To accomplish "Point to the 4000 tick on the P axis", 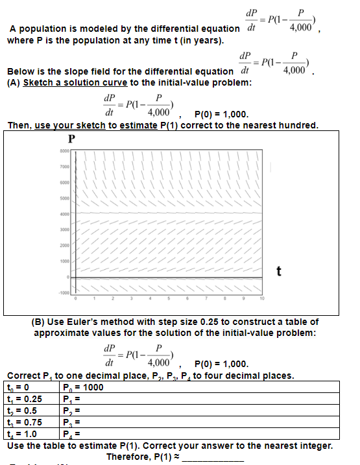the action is (x=64, y=215).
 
